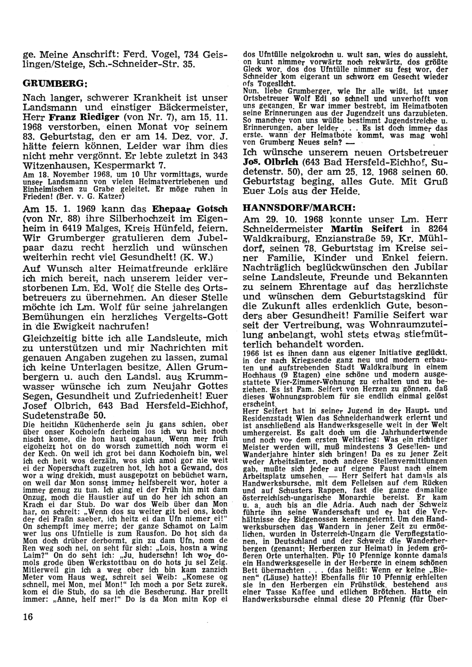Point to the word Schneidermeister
point(281,228)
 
